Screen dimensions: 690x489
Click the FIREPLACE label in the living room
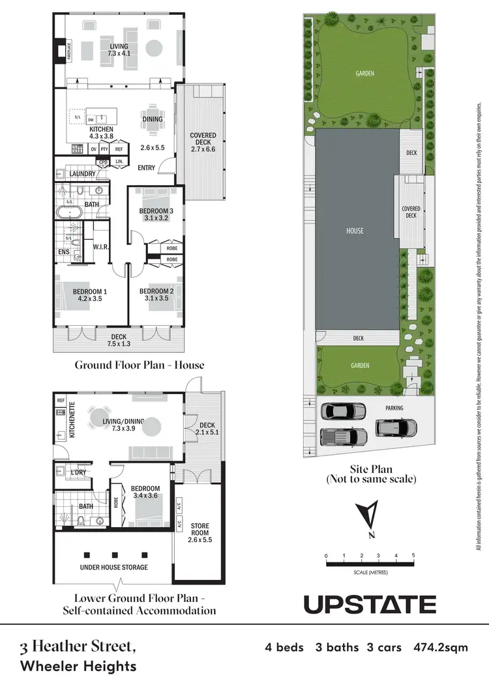(x=59, y=51)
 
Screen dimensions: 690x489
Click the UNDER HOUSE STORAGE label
(x=113, y=567)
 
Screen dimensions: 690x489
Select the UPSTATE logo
(x=370, y=604)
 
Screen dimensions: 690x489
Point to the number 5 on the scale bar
(x=413, y=556)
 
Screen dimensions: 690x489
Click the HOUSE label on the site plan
(x=355, y=231)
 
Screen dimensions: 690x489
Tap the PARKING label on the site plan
(x=394, y=408)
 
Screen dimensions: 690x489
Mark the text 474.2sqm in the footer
(x=440, y=648)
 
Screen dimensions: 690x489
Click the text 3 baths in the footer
(x=337, y=648)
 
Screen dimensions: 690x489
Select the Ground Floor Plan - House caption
(x=139, y=365)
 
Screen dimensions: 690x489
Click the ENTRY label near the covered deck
(x=147, y=168)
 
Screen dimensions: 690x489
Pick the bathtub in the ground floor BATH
(x=67, y=212)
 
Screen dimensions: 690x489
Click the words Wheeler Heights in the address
(x=78, y=666)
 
